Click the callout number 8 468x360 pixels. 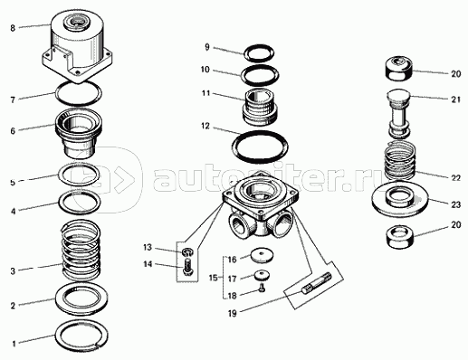tap(13, 28)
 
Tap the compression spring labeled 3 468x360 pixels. tap(81, 251)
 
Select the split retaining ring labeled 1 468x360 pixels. tap(81, 336)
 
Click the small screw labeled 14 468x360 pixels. tap(186, 266)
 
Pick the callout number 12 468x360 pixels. tap(205, 126)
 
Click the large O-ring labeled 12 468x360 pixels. tap(260, 147)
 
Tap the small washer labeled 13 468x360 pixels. tap(187, 251)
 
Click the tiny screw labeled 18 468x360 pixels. tap(262, 289)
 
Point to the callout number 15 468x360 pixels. tap(213, 278)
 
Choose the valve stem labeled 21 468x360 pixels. tap(398, 113)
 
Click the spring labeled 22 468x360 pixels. tap(400, 160)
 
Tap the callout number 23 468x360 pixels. tap(456, 204)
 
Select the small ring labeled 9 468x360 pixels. tap(259, 53)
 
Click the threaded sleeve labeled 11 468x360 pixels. tap(260, 107)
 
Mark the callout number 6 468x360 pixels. tap(13, 131)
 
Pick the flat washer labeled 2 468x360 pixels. tap(81, 298)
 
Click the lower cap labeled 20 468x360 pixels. tap(400, 237)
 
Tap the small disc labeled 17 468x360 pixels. tap(262, 276)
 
